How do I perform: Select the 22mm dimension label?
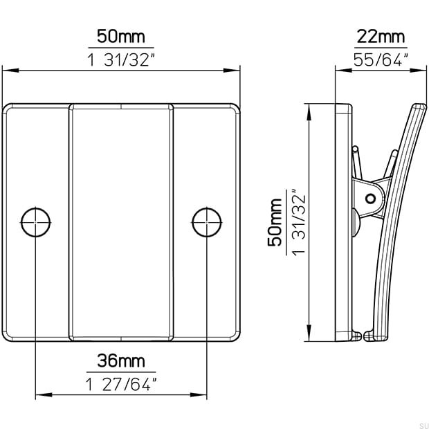pyautogui.click(x=381, y=37)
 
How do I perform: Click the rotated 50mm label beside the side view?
pyautogui.click(x=275, y=221)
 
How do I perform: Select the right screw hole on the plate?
pyautogui.click(x=206, y=222)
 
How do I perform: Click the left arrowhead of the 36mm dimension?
pyautogui.click(x=40, y=396)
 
